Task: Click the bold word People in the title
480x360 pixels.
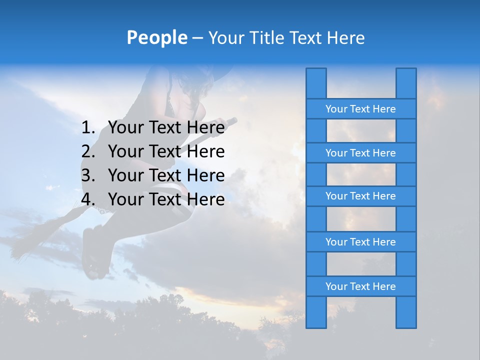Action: point(156,37)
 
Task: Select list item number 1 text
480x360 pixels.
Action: point(166,127)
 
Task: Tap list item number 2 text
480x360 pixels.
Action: point(166,151)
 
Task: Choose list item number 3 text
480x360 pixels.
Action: point(166,175)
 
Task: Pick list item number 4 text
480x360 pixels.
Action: point(166,199)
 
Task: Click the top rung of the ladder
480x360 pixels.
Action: point(360,109)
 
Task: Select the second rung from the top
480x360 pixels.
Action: point(360,153)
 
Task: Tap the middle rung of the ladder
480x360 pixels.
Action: point(360,196)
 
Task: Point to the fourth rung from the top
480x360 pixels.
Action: point(360,242)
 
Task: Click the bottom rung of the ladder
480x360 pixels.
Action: point(360,286)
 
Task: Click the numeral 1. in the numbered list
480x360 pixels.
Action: point(88,127)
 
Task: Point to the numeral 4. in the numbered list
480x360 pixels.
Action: point(88,199)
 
